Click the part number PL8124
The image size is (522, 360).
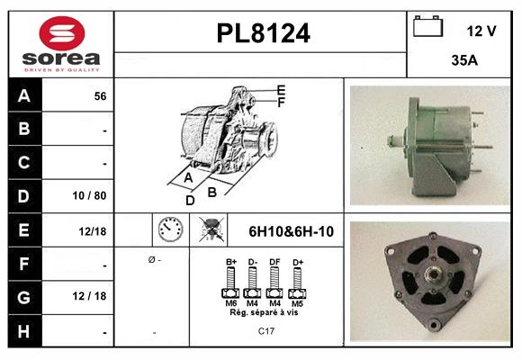(263, 34)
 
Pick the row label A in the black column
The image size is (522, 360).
(24, 95)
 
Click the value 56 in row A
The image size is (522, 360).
(100, 96)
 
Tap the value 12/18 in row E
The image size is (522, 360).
(93, 231)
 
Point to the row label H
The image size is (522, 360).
(24, 331)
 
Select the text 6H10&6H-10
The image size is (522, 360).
(291, 231)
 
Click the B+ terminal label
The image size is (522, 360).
(231, 262)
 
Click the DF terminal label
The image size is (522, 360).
(275, 262)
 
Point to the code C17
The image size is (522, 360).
(266, 331)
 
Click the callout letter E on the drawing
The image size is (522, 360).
(281, 89)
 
